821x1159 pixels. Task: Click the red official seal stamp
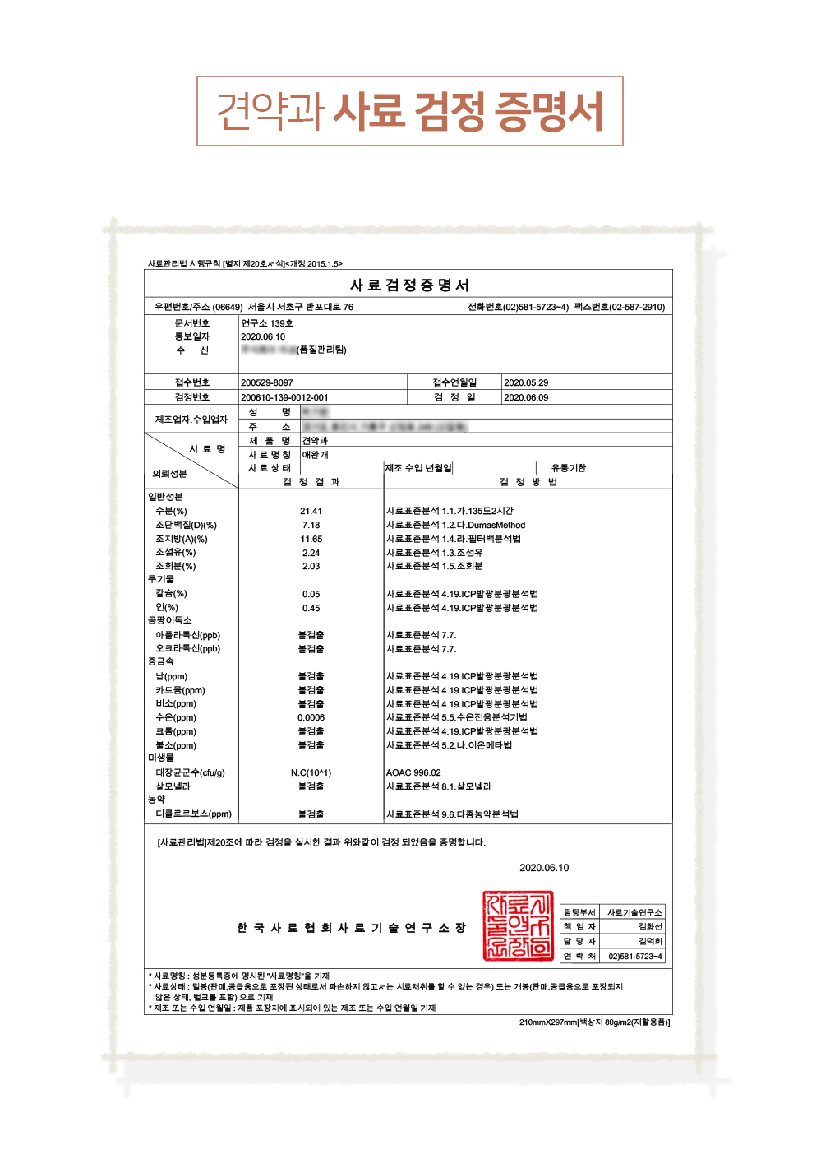(518, 925)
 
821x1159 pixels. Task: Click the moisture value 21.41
(311, 511)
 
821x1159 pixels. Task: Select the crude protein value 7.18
(311, 525)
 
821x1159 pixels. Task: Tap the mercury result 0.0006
(311, 717)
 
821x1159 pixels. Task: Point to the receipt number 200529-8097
(266, 382)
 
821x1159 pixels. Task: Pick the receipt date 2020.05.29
(525, 382)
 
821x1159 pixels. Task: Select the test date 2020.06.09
(525, 397)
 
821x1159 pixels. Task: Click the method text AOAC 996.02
(413, 772)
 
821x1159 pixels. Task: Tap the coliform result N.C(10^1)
(311, 772)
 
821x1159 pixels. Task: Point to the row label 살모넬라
(173, 786)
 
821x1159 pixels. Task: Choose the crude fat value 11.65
(311, 539)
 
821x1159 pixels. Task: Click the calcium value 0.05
(311, 594)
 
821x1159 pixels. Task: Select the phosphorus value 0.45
(311, 608)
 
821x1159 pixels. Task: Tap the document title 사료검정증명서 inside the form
(409, 285)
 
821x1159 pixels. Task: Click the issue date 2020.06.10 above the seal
(543, 868)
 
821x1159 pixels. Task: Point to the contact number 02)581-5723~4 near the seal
(634, 956)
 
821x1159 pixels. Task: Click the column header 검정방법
(528, 482)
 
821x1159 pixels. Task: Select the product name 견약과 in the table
(314, 441)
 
